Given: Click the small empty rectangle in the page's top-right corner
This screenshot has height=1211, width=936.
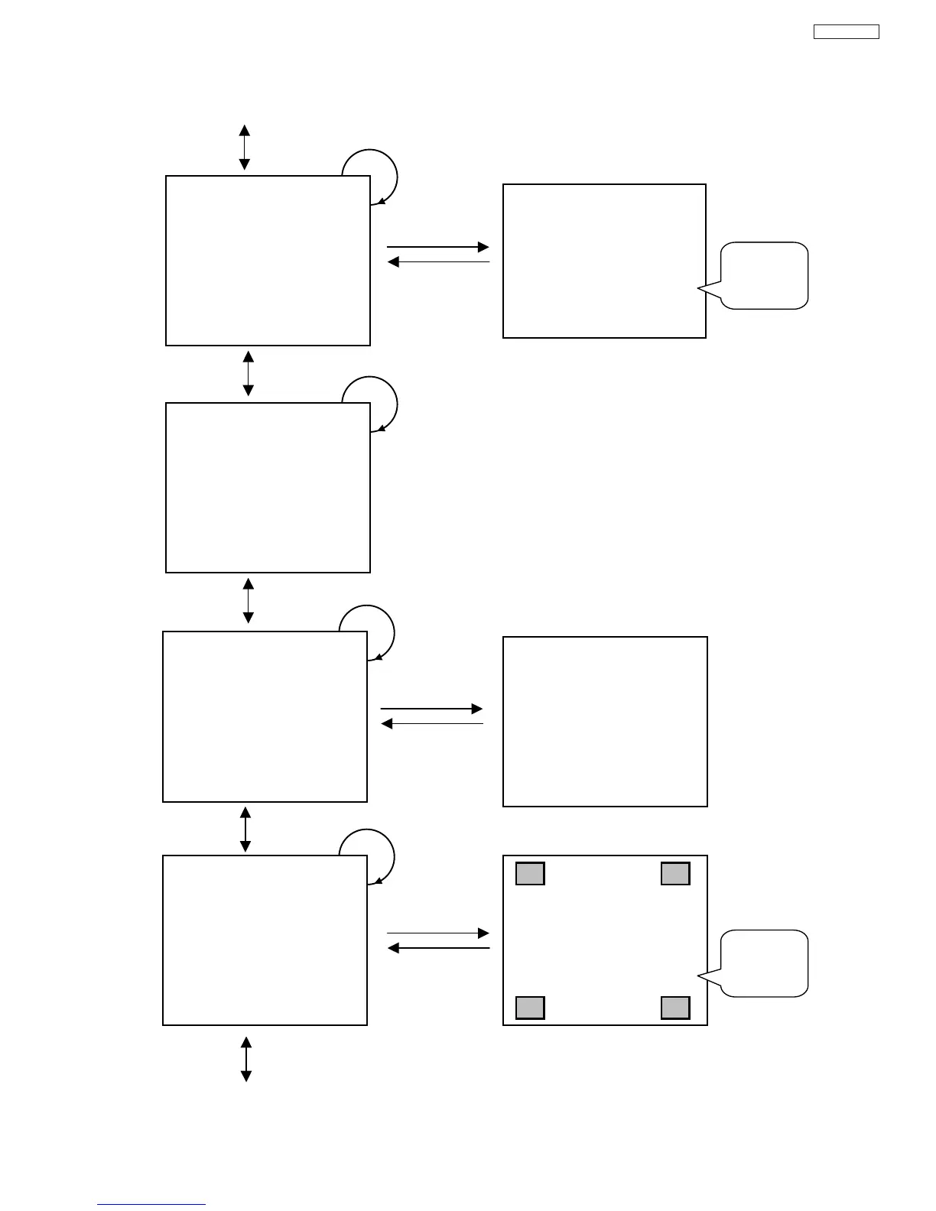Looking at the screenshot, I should click(x=846, y=31).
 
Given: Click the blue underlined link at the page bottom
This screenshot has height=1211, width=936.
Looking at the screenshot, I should click(x=151, y=1204).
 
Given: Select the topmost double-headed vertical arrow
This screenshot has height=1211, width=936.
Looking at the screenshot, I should click(x=244, y=147).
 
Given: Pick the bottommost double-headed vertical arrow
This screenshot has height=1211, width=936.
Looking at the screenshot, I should click(x=246, y=1059).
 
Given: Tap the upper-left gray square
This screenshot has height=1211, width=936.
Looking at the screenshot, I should click(x=530, y=873).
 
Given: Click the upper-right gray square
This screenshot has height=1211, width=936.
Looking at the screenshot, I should click(x=675, y=873).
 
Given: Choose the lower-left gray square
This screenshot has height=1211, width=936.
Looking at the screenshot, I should click(x=530, y=1008).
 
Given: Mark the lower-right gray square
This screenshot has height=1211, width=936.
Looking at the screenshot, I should click(x=675, y=1008).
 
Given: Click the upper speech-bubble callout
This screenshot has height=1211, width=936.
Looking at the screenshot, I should click(x=764, y=275).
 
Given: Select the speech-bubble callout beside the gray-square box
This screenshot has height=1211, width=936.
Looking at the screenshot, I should click(x=764, y=963).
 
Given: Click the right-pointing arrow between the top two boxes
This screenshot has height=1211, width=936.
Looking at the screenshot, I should click(x=438, y=247).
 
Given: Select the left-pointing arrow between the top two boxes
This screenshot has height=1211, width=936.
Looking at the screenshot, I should click(x=438, y=262).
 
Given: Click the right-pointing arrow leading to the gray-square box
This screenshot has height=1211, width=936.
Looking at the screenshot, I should click(x=438, y=933).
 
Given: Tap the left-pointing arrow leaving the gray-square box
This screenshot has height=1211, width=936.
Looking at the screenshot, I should click(x=438, y=948).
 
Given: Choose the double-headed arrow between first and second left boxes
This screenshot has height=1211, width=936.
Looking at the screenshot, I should click(x=248, y=373).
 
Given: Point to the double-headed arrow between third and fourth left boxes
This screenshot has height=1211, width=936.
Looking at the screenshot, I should click(x=245, y=829).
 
